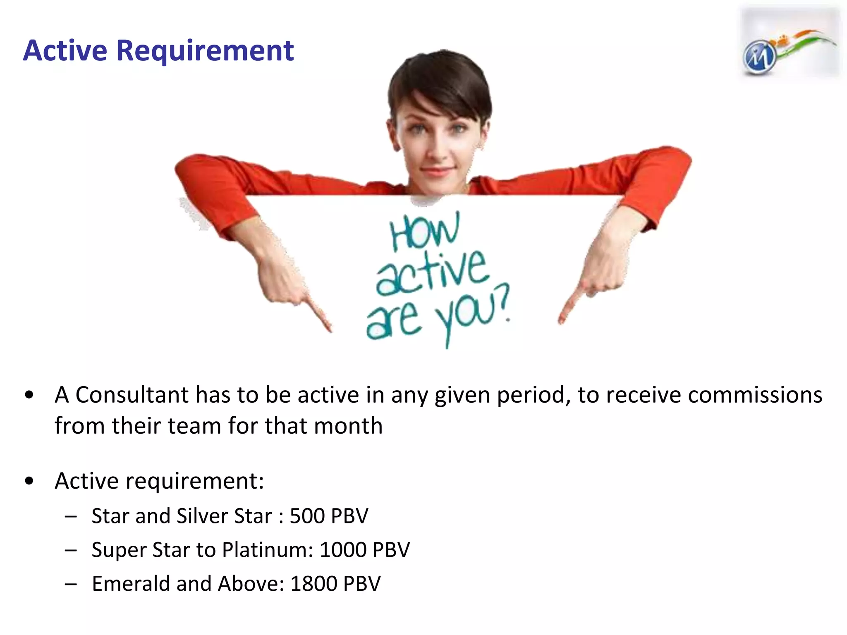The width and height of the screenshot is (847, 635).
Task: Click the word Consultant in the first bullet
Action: (132, 395)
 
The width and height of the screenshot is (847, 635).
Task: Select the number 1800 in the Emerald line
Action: (313, 584)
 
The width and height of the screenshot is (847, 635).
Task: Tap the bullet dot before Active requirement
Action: (29, 481)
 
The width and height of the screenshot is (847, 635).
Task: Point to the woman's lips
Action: (436, 170)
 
